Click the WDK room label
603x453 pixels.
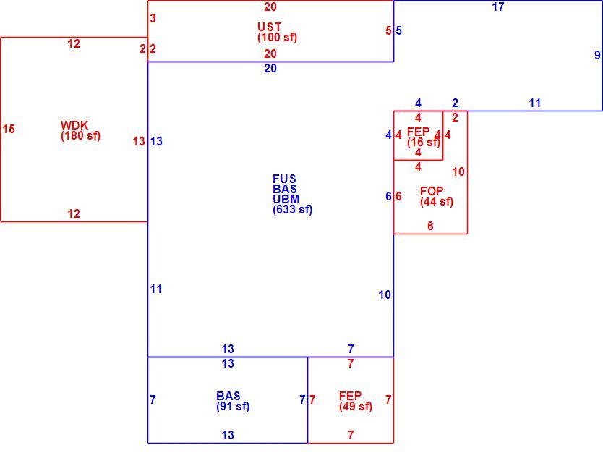[74, 125]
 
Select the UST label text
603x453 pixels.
[270, 27]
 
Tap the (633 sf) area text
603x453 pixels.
[293, 210]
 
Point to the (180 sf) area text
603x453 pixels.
[80, 136]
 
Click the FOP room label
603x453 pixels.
[432, 191]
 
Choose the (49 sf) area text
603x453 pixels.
[356, 407]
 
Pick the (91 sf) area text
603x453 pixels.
[233, 407]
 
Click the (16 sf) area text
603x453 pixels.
[424, 143]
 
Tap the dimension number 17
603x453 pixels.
[498, 7]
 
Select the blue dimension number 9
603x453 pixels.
[597, 55]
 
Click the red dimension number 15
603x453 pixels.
[9, 129]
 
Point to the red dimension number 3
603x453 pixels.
[153, 18]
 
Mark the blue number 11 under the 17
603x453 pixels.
[535, 103]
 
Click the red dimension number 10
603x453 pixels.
[458, 172]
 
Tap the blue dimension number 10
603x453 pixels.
[385, 295]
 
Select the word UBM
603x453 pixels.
[286, 200]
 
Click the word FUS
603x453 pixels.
[285, 179]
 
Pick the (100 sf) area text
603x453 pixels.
[277, 38]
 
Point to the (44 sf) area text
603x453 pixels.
[437, 202]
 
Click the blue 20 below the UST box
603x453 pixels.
[270, 69]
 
